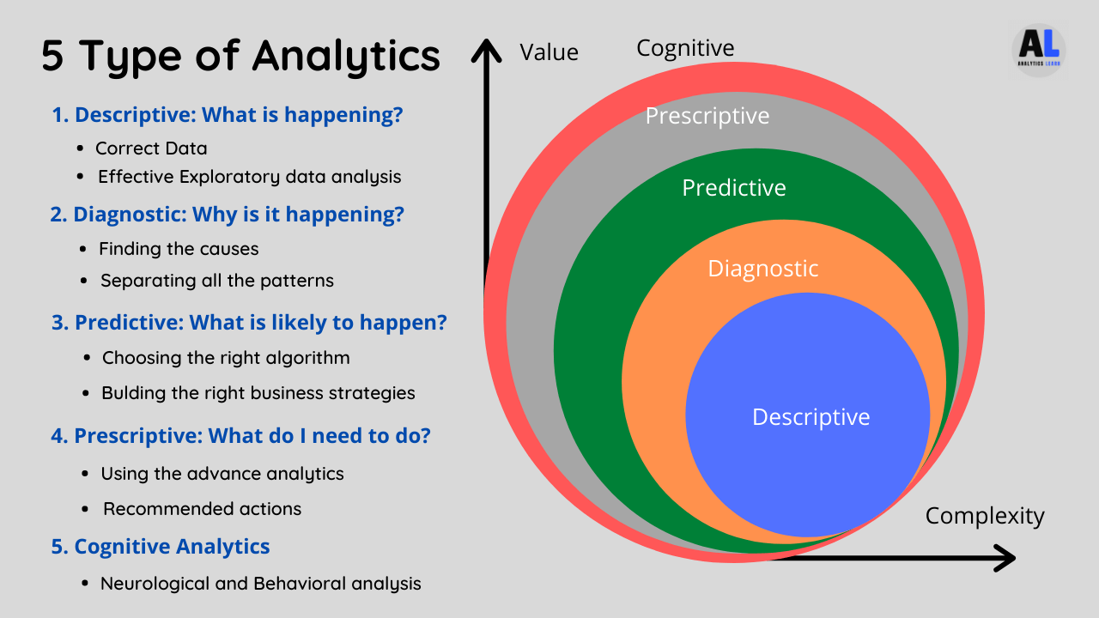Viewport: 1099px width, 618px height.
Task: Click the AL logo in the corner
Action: [x=1038, y=50]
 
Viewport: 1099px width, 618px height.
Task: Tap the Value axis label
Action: [x=549, y=52]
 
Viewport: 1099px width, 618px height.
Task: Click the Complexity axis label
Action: [x=985, y=517]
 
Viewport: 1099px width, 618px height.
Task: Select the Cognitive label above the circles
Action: [x=685, y=48]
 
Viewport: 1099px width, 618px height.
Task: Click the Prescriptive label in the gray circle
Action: [x=707, y=116]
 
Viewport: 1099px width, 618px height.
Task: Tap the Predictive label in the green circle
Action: [x=734, y=188]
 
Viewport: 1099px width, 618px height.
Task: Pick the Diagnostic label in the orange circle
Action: [x=763, y=269]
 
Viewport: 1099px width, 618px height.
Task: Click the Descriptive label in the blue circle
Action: [x=811, y=417]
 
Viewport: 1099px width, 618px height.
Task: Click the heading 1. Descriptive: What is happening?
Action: [x=228, y=115]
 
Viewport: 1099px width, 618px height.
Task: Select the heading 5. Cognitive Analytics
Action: [x=161, y=547]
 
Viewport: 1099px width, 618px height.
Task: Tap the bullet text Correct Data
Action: [x=151, y=148]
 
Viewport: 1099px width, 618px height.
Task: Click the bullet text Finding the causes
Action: [x=179, y=249]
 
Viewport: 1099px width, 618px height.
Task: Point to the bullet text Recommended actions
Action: [x=202, y=509]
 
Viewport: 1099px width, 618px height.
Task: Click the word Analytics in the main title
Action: [x=346, y=57]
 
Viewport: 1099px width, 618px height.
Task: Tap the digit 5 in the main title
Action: [x=52, y=56]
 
